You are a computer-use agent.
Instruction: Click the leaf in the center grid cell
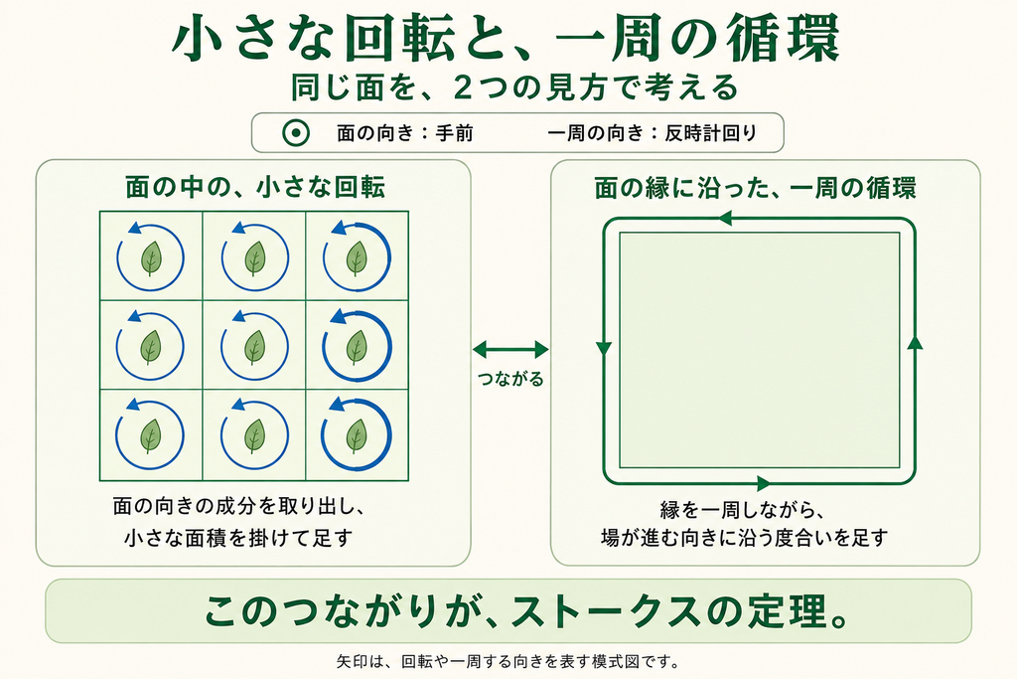click(254, 347)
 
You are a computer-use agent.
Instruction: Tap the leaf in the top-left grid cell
click(151, 257)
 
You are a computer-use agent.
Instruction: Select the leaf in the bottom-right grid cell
click(357, 435)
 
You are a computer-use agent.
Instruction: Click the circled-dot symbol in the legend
click(296, 134)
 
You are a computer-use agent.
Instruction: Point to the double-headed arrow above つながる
click(510, 350)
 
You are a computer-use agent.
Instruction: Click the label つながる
click(510, 379)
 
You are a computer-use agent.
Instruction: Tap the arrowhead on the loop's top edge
click(724, 218)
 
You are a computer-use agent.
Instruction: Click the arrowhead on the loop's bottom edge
click(764, 483)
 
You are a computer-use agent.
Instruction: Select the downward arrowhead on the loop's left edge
click(604, 349)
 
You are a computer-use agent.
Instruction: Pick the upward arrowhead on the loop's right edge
click(915, 342)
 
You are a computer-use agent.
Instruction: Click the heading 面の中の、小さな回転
click(255, 187)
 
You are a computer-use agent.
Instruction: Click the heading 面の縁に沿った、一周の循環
click(756, 188)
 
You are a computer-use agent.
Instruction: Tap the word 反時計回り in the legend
click(711, 134)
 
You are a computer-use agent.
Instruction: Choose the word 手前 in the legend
click(454, 134)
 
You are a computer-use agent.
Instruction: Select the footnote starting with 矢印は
click(508, 662)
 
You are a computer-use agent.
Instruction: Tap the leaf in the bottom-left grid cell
click(151, 435)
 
